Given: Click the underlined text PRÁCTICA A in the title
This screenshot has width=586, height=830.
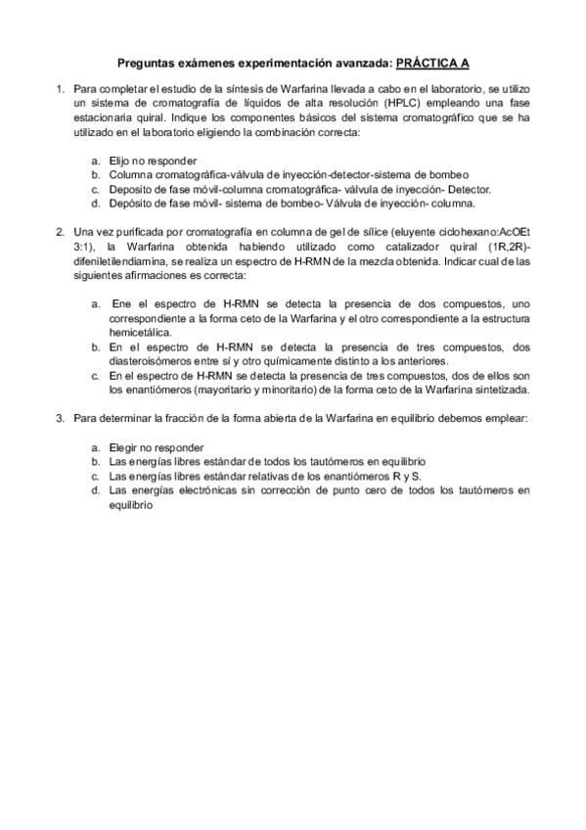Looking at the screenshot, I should pos(431,63).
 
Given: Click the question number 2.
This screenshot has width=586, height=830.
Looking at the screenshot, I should pos(60,232).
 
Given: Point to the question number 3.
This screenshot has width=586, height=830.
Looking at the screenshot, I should pos(60,418).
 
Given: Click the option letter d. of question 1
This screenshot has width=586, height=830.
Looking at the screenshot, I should pos(95,204).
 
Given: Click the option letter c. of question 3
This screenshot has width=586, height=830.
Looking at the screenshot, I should pos(95,476).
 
